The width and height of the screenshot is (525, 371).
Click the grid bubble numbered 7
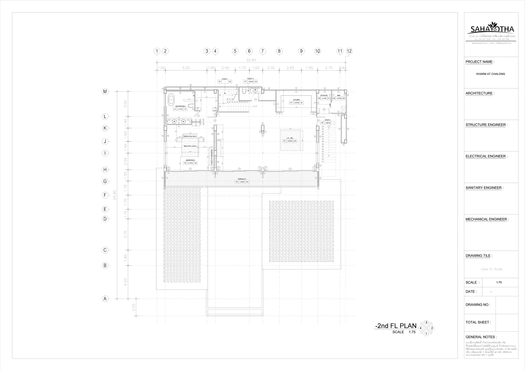click(x=262, y=51)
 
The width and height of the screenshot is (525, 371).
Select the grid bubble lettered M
click(x=105, y=92)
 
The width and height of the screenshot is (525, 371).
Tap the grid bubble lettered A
click(x=105, y=299)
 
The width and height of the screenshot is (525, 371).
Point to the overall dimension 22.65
click(x=251, y=60)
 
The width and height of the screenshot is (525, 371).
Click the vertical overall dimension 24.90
click(x=115, y=195)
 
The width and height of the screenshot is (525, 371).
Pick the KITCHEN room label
click(x=296, y=100)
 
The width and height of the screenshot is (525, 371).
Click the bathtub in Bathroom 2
click(x=171, y=100)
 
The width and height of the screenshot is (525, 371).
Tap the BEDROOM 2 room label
click(x=190, y=160)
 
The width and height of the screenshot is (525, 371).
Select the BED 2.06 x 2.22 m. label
click(x=190, y=146)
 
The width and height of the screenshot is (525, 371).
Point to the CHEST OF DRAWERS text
click(x=212, y=157)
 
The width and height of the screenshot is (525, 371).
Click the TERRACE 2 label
click(x=242, y=179)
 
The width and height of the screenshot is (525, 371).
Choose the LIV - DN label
click(x=290, y=138)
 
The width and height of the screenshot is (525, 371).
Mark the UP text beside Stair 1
click(x=256, y=106)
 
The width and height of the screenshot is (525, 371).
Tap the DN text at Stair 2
click(x=329, y=126)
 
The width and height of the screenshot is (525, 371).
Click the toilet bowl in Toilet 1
click(x=244, y=91)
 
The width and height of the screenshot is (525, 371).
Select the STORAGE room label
click(x=324, y=95)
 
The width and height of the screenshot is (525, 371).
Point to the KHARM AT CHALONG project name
click(x=491, y=74)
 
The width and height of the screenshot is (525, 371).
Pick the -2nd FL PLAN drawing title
click(x=395, y=326)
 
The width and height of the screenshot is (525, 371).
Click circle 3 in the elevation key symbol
click(x=426, y=322)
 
